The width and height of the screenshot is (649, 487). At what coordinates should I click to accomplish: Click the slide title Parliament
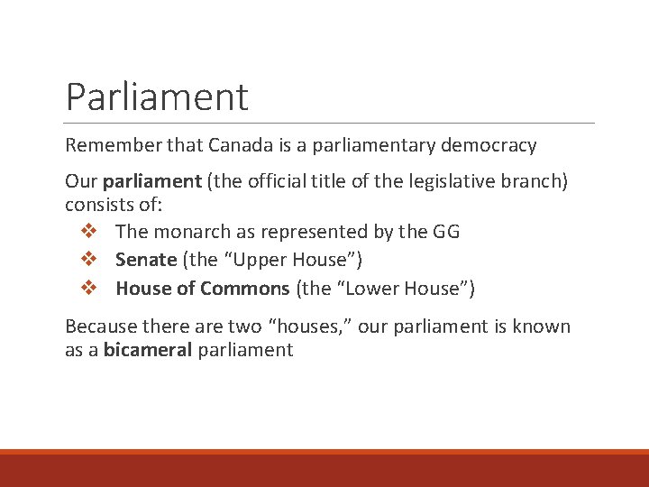coord(157,96)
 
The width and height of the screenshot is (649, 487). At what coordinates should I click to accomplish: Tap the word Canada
coord(237,145)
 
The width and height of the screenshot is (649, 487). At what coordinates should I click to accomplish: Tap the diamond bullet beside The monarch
coord(88,232)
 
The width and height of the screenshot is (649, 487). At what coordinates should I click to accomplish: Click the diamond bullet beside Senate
coord(88,260)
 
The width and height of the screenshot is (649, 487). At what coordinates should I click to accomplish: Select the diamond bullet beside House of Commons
coord(88,289)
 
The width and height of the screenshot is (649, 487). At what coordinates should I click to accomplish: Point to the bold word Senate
coord(145,260)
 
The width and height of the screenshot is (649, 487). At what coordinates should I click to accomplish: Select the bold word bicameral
coord(148,350)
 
